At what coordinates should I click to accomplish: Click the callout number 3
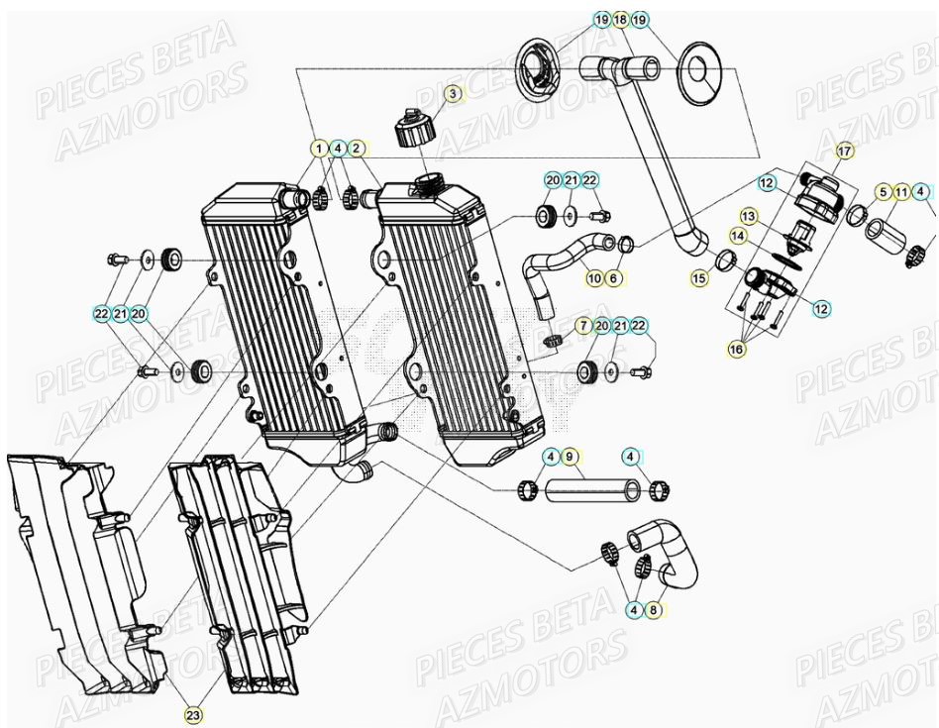point(453,94)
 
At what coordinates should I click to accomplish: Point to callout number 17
point(844,152)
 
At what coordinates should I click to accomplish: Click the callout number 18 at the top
point(620,20)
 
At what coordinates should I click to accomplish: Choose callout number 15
point(700,279)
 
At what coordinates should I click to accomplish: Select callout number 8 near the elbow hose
point(653,611)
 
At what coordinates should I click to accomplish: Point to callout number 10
point(593,279)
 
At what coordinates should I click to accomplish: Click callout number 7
point(583,326)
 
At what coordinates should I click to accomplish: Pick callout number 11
point(901,190)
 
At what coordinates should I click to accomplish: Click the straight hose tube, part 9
point(592,489)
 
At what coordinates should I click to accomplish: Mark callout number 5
point(882,190)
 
